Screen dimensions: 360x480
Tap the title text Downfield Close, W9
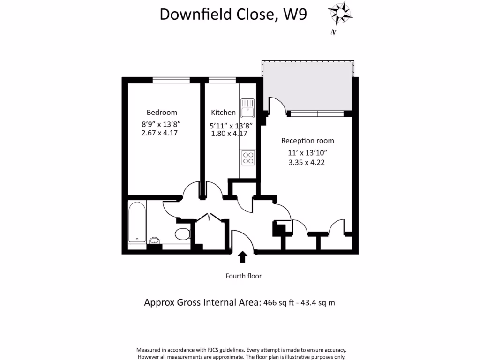pos(233,14)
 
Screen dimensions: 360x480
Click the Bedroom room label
pos(162,112)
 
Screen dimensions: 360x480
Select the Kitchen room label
pos(223,112)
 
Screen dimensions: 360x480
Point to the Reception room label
pos(307,141)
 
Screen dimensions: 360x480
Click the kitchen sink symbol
pos(247,107)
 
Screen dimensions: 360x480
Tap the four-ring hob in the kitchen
pos(247,157)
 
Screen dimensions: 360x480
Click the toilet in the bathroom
pos(181,233)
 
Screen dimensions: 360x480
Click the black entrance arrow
pos(243,256)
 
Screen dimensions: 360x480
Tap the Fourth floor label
pos(243,276)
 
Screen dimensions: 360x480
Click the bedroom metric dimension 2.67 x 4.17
pos(159,133)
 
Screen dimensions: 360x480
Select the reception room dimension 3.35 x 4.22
pos(307,163)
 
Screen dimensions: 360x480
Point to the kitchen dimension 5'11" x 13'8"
pos(231,126)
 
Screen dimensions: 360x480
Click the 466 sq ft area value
pos(280,303)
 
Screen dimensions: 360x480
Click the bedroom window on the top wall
pos(171,80)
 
